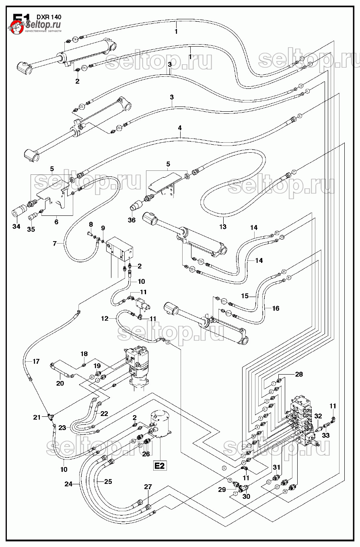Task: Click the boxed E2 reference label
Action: (160, 466)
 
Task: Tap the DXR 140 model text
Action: (49, 17)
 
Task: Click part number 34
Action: (16, 227)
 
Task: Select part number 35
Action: (31, 229)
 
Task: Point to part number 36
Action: (132, 220)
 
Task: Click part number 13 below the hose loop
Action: (223, 227)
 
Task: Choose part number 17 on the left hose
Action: (36, 361)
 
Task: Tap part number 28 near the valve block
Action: (299, 375)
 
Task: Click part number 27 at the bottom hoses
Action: (148, 487)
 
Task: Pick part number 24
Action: (69, 484)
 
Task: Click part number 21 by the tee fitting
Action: (37, 418)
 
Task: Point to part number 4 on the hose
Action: (180, 128)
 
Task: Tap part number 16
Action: (276, 308)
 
